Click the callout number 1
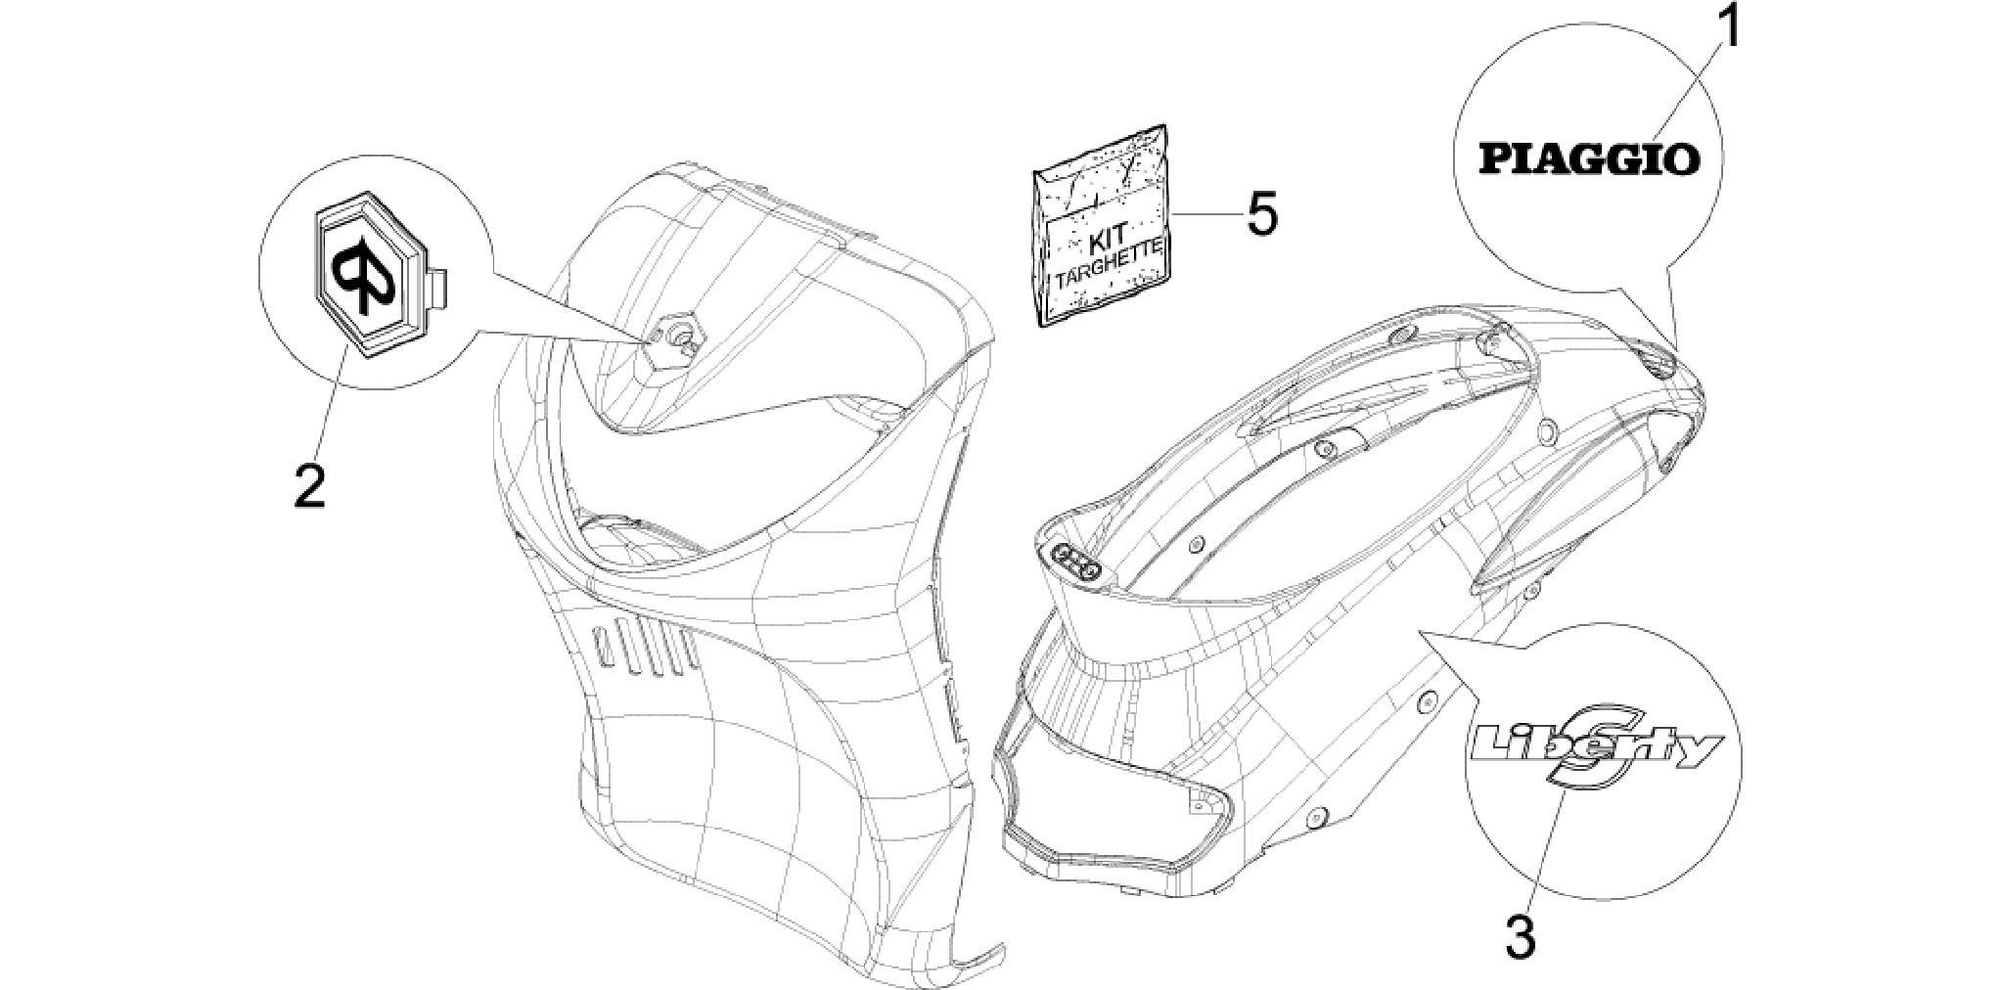1730,29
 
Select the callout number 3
1519,937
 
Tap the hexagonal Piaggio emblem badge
371,275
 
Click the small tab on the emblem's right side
438,288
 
